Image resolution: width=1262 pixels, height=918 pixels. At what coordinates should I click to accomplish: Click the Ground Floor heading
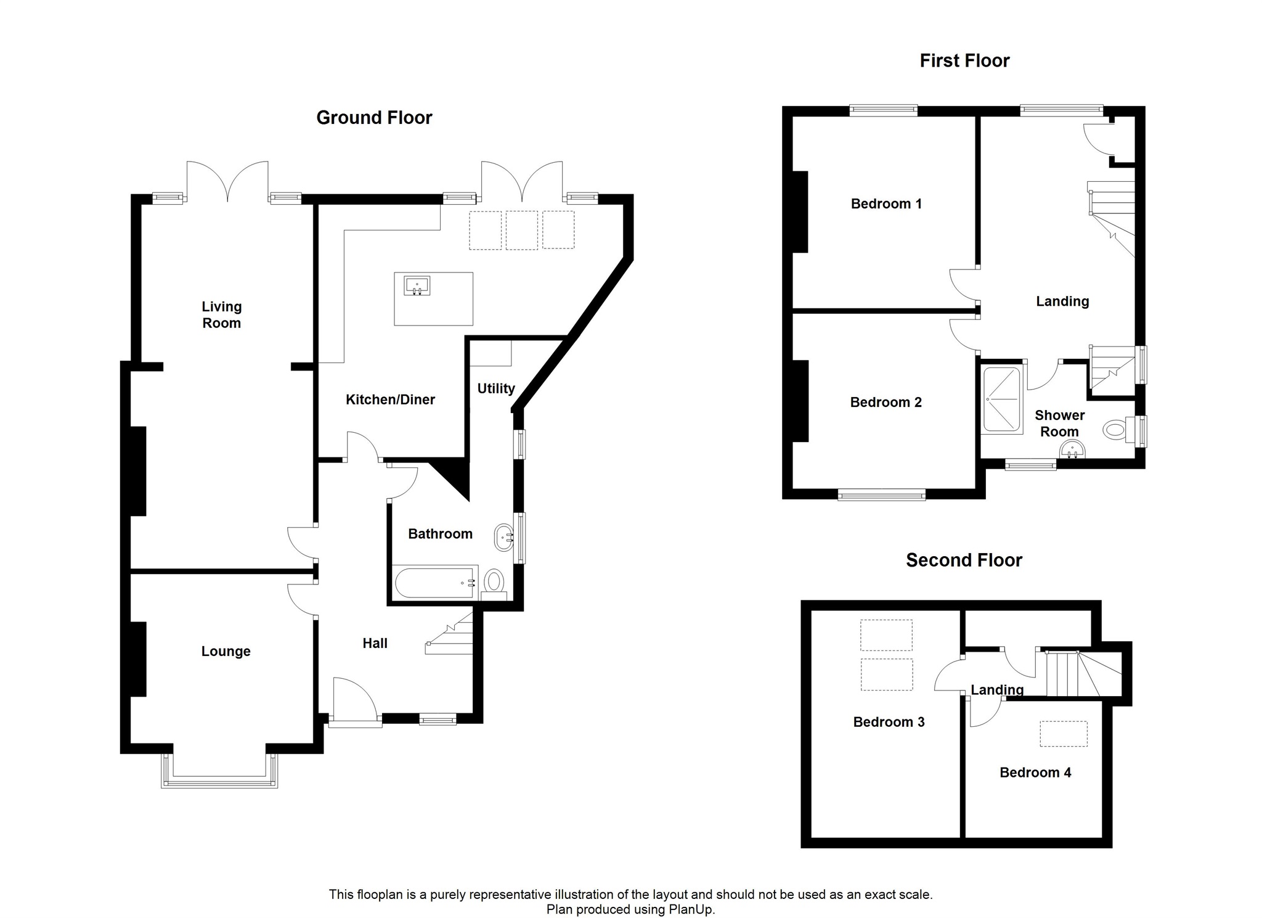pyautogui.click(x=374, y=118)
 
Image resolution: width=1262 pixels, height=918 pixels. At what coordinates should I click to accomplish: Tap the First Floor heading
pyautogui.click(x=964, y=60)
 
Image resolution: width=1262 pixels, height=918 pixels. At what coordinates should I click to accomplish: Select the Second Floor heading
pyautogui.click(x=964, y=560)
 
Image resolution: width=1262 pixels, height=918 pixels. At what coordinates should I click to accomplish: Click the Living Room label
pyautogui.click(x=222, y=314)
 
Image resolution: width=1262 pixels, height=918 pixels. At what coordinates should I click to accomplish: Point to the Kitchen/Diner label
pyautogui.click(x=390, y=400)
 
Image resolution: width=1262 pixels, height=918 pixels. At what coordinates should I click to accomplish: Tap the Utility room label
pyautogui.click(x=496, y=388)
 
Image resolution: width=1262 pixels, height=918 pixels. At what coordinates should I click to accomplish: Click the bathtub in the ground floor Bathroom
pyautogui.click(x=436, y=583)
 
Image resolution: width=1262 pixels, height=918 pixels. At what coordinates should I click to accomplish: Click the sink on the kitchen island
pyautogui.click(x=417, y=287)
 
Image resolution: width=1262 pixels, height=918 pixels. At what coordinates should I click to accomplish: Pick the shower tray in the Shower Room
pyautogui.click(x=1002, y=400)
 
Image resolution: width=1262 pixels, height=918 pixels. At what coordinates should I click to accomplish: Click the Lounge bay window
pyautogui.click(x=219, y=770)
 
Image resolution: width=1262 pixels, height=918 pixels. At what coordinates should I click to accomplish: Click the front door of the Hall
pyautogui.click(x=354, y=703)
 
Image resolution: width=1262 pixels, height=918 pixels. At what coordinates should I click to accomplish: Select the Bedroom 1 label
pyautogui.click(x=886, y=204)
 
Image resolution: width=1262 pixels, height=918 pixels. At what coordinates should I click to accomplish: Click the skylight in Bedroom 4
pyautogui.click(x=1064, y=734)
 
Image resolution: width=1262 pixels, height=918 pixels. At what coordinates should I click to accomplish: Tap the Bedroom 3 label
pyautogui.click(x=889, y=722)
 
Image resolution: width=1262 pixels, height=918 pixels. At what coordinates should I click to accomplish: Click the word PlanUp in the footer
pyautogui.click(x=691, y=909)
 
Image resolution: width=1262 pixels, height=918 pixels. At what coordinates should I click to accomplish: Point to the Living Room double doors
pyautogui.click(x=227, y=181)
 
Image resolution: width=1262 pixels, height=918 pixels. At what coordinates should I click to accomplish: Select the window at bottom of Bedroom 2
pyautogui.click(x=881, y=494)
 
